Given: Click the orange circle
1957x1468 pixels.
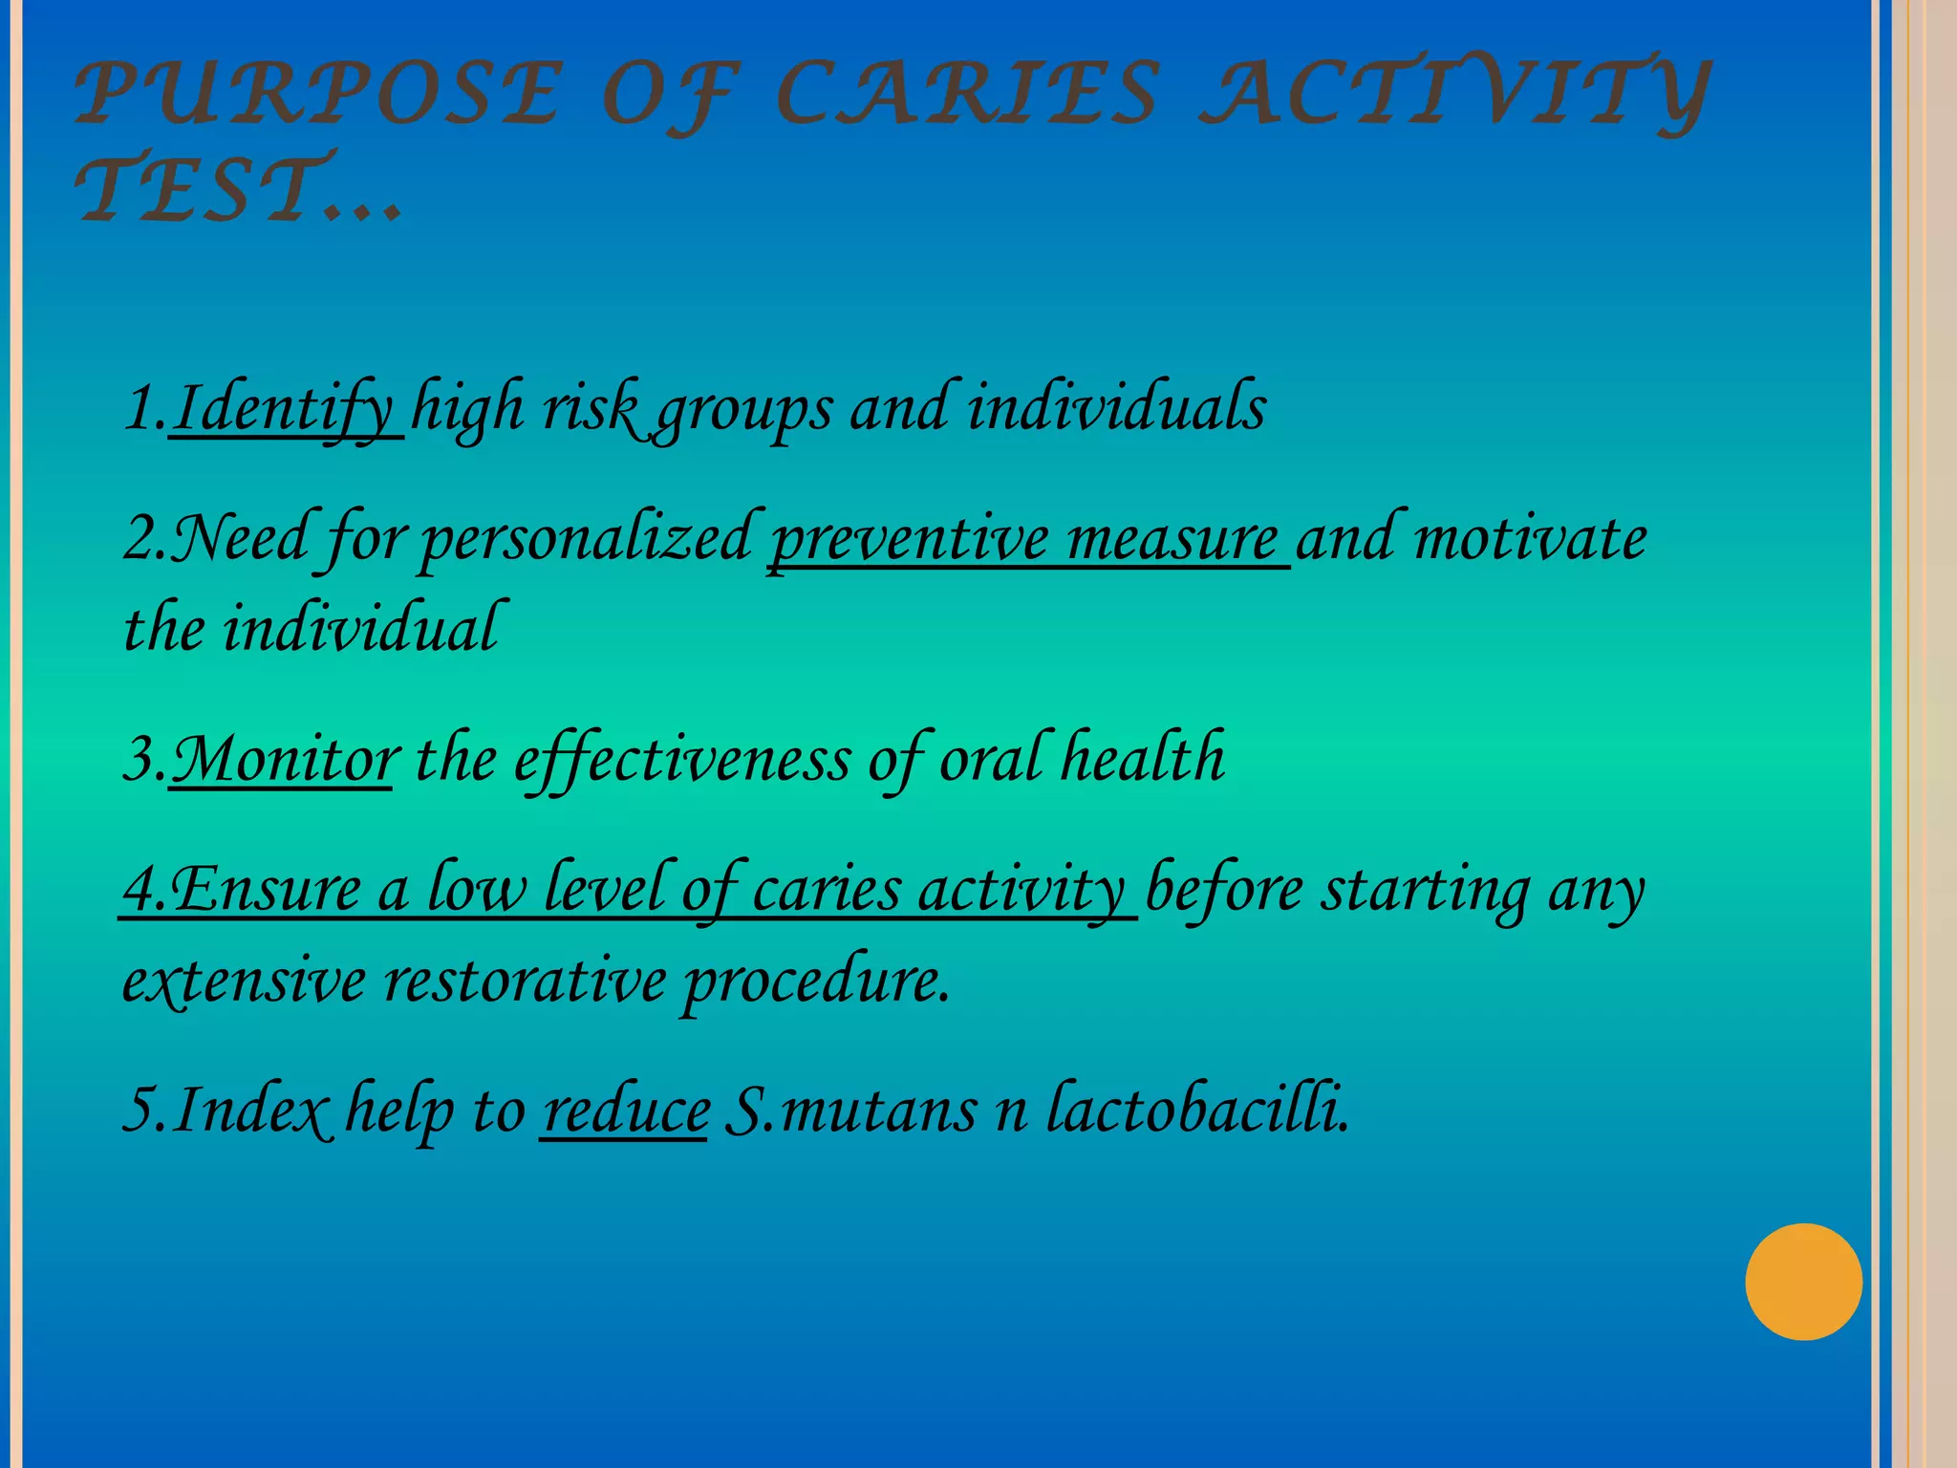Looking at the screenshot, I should click(1803, 1282).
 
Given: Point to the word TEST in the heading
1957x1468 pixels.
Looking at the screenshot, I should click(206, 189).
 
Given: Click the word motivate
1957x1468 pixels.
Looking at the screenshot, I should click(1530, 539).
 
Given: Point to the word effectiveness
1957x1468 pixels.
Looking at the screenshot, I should click(682, 760).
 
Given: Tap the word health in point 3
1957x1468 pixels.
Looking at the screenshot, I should click(1143, 758).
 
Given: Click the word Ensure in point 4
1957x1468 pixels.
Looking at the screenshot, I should click(266, 889).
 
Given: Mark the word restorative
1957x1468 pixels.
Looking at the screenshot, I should click(525, 982).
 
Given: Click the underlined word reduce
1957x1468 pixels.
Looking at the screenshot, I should click(626, 1112).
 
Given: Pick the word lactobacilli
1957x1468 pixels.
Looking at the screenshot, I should click(1198, 1110).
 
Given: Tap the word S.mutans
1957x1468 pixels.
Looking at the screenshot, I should click(850, 1112).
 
